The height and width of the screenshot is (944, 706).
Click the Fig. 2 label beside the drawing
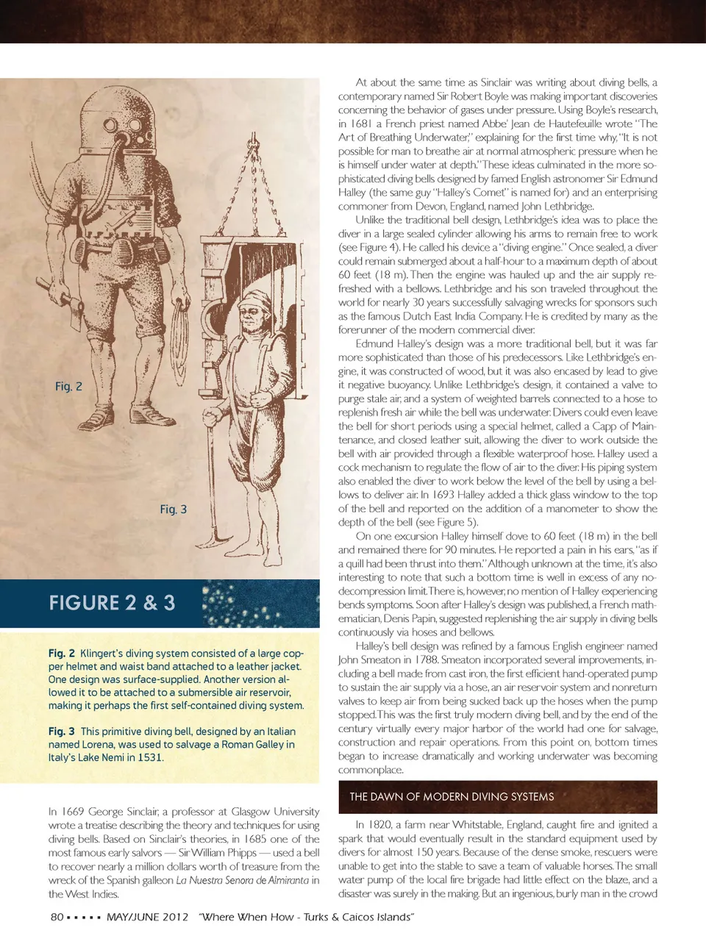click(x=68, y=386)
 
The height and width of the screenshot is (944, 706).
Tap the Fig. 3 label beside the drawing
click(x=174, y=509)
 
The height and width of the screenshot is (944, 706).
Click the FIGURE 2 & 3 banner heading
click(x=112, y=603)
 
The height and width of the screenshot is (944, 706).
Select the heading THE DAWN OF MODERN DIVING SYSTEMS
click(x=452, y=796)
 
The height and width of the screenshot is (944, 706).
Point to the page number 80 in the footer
click(x=57, y=917)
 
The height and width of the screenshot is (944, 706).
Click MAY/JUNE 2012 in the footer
click(x=147, y=917)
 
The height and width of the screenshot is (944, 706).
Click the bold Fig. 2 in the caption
click(x=62, y=653)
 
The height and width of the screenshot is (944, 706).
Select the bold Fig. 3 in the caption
click(x=62, y=732)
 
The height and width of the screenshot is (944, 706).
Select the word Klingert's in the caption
click(x=102, y=653)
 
